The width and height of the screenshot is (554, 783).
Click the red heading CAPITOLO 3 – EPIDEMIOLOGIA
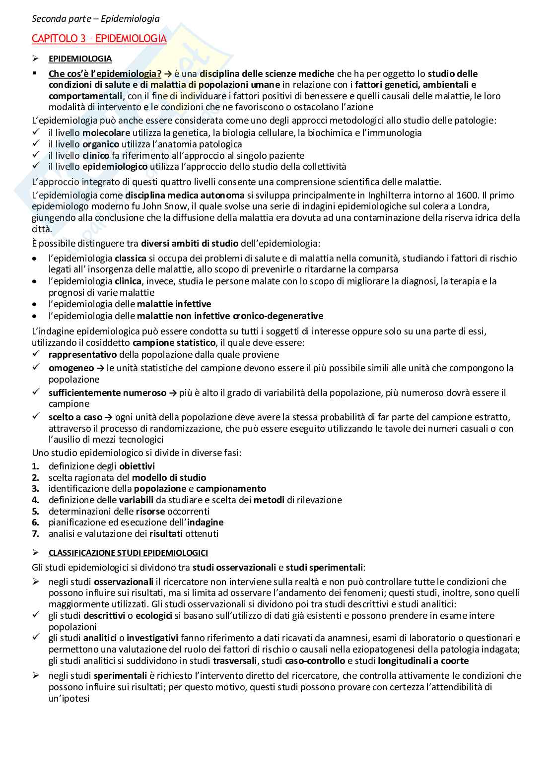99,39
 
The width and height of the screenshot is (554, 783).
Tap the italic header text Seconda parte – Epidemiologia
95,19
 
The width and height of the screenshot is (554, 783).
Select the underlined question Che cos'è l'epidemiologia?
105,74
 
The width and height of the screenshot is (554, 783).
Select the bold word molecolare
106,133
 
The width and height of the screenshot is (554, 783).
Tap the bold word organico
101,144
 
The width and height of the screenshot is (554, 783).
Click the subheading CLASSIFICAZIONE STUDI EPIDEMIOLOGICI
128,553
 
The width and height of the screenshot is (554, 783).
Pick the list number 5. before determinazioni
36,512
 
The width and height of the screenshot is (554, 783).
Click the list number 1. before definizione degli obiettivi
36,466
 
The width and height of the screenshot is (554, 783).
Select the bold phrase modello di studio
169,478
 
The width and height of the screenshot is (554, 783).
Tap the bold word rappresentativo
82,355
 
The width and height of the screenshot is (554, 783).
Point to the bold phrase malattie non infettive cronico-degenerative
230,316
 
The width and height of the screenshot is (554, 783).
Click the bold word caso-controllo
315,661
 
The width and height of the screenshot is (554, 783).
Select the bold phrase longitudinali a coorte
423,661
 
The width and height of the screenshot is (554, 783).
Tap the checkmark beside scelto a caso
36,417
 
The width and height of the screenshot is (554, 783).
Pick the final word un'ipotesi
69,699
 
